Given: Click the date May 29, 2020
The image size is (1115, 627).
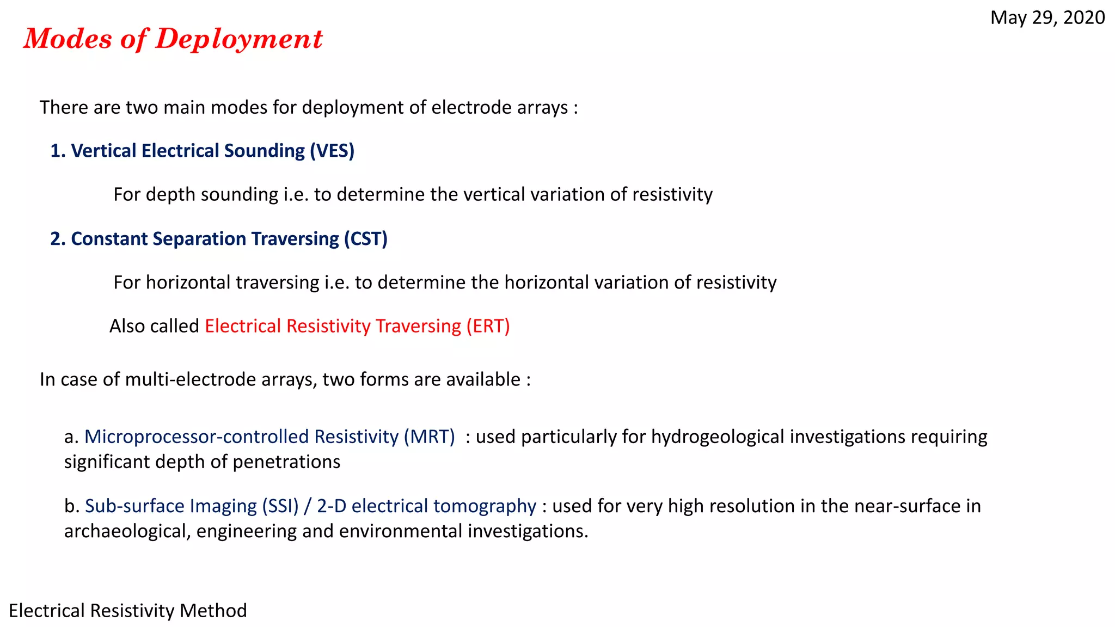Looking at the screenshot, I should (x=1047, y=17).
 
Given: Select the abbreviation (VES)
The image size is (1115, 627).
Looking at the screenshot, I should (x=332, y=151).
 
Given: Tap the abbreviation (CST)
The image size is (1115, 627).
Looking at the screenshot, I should (x=365, y=239).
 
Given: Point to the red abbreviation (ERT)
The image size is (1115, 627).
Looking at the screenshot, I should (x=488, y=326).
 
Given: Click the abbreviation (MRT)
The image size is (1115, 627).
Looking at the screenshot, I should (x=429, y=437).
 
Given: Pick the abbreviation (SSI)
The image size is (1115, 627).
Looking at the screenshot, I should (x=280, y=506).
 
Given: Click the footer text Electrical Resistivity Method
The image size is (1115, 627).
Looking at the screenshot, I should (x=128, y=611).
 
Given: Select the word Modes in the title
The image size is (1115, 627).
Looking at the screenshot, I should (x=68, y=39).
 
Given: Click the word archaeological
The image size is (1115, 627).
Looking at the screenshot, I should (x=127, y=531).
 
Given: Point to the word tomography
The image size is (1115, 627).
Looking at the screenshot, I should (x=487, y=506).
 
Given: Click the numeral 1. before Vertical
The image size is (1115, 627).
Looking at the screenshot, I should (x=58, y=151).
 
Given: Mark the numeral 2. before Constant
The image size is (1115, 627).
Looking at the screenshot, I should (x=58, y=239).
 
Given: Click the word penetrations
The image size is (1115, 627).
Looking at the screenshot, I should (x=286, y=462).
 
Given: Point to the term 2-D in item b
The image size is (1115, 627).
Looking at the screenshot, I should (x=332, y=506).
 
